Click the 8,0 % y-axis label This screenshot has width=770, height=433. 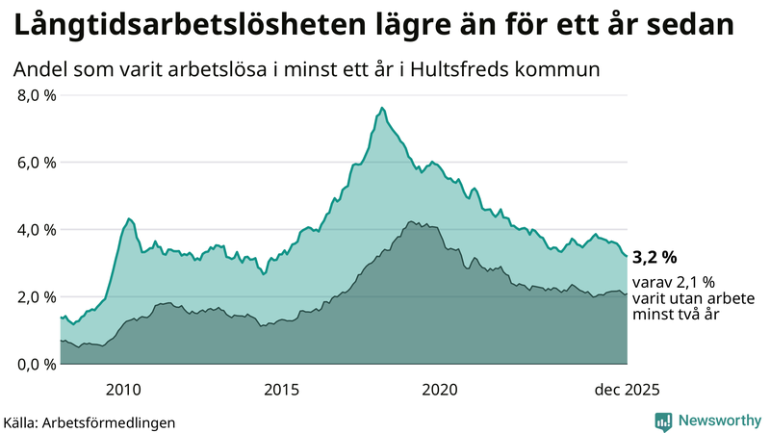click(34, 95)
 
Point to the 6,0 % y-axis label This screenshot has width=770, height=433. click(34, 163)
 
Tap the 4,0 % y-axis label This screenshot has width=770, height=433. click(34, 230)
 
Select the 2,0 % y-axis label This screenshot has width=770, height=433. click(34, 296)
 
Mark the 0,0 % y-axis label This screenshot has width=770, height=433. click(34, 364)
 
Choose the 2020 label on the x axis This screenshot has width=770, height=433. click(440, 389)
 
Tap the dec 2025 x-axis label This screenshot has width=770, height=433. click(626, 389)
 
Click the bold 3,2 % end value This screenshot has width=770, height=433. click(654, 257)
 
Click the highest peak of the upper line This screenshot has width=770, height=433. click(382, 108)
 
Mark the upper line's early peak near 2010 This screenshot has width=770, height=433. click(129, 219)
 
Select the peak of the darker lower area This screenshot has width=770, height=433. click(412, 222)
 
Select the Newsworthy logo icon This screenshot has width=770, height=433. click(663, 420)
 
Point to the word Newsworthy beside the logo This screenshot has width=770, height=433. click(718, 420)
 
